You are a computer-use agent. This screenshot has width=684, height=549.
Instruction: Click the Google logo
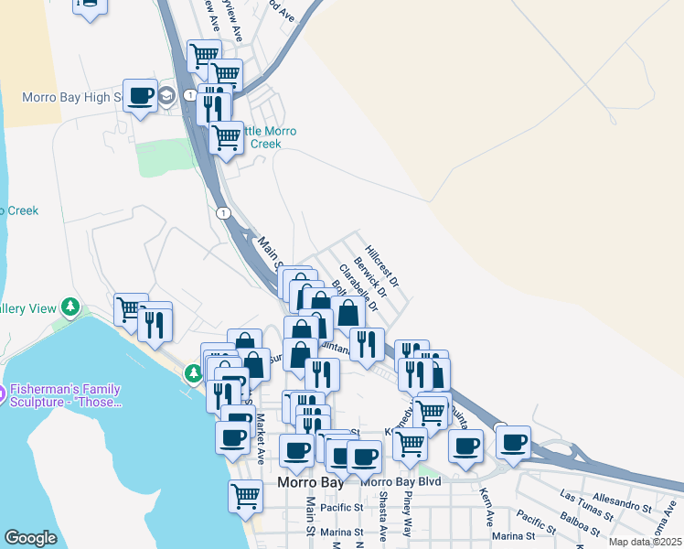click(x=31, y=538)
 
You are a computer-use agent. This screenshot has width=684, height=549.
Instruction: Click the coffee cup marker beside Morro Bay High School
click(x=140, y=96)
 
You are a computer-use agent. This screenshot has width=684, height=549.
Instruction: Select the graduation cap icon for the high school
click(x=166, y=97)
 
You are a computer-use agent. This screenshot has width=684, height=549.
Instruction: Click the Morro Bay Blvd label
click(x=401, y=481)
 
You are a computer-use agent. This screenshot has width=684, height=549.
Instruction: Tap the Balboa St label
click(x=581, y=530)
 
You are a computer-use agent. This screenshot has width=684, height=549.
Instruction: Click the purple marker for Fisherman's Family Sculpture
click(x=2, y=394)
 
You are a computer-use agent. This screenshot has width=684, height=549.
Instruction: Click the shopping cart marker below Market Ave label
click(x=245, y=496)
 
